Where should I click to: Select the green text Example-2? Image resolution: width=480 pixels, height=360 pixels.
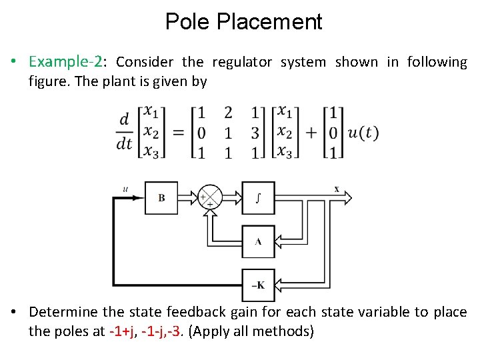tap(66, 62)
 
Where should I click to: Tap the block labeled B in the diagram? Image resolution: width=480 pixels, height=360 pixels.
tap(161, 197)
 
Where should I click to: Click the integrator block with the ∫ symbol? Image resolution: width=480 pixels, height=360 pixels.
tap(257, 197)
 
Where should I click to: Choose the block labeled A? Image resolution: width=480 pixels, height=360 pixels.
tap(257, 241)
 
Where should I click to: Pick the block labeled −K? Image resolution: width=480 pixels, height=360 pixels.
tap(257, 285)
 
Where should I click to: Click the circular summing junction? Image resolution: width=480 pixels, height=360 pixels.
tap(209, 197)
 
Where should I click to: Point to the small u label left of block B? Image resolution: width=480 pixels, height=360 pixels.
tap(125, 189)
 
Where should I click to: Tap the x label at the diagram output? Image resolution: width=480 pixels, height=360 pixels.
tap(336, 189)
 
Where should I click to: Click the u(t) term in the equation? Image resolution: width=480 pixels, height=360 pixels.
tap(363, 133)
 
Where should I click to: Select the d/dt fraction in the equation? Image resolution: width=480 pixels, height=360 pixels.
tap(124, 132)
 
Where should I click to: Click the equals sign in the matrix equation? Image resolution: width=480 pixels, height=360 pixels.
tap(178, 133)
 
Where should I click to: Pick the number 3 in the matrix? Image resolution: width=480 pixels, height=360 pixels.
tap(255, 133)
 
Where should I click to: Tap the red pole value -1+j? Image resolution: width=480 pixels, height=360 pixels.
tap(123, 331)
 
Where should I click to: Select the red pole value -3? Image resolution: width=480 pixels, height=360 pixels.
tap(176, 331)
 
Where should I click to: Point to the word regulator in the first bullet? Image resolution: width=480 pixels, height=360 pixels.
tap(242, 62)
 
